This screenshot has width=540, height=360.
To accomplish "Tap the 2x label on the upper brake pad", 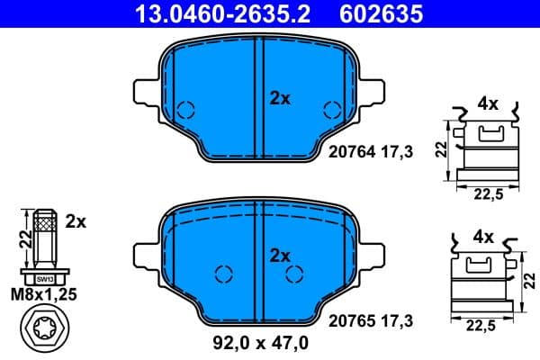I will (281, 99).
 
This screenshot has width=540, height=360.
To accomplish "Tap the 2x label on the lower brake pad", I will (281, 256).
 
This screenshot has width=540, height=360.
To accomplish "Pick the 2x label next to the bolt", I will (76, 220).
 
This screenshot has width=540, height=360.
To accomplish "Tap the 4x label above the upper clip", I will (488, 103).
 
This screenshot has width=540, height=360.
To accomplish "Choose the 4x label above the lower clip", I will (483, 238).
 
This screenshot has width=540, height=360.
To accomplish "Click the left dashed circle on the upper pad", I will (186, 111).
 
